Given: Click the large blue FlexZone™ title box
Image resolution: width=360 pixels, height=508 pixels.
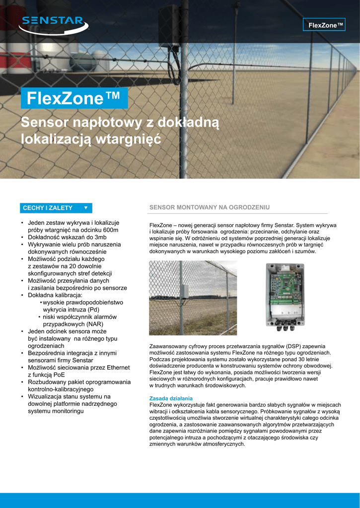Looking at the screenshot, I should click(x=74, y=98).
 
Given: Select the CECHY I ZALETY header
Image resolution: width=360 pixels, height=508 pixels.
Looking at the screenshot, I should click(x=48, y=208).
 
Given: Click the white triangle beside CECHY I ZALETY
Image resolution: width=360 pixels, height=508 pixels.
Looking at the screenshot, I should click(x=85, y=208).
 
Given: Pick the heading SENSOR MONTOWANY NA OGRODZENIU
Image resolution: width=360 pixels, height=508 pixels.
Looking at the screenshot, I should click(x=210, y=207).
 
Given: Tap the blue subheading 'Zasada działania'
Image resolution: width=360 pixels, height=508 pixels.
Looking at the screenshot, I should click(x=171, y=398).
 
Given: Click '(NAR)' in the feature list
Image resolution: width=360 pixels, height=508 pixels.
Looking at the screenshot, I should click(x=95, y=324).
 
